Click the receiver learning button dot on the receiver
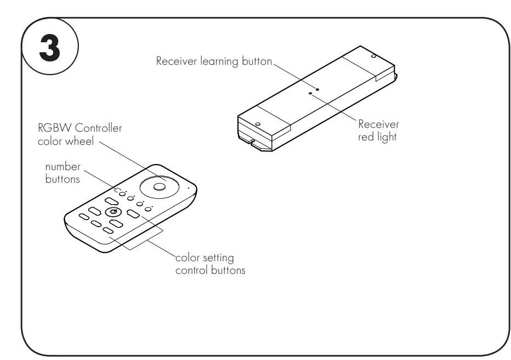tap(317, 88)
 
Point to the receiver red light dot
tap(310, 94)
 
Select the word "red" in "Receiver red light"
tap(366, 137)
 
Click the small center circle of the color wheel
tap(160, 187)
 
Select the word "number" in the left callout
tap(63, 166)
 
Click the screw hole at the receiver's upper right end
tap(373, 56)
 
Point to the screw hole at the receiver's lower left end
tap(257, 123)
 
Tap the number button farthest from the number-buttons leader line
tap(147, 210)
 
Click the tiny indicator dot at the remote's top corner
tap(188, 188)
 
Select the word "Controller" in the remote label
tap(98, 128)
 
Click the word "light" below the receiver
tap(387, 137)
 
